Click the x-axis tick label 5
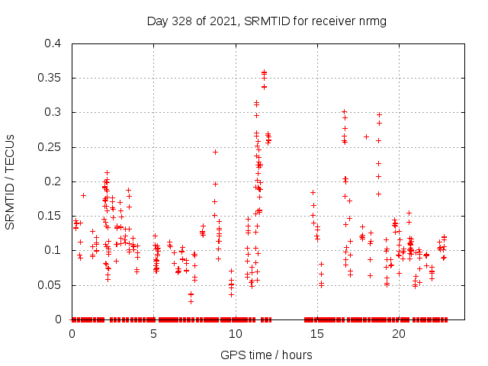pyautogui.click(x=153, y=334)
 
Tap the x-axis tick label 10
pyautogui.click(x=235, y=334)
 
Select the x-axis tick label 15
pyautogui.click(x=316, y=334)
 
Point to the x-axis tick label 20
pyautogui.click(x=398, y=334)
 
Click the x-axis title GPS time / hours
pyautogui.click(x=266, y=355)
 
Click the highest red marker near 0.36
pyautogui.click(x=264, y=72)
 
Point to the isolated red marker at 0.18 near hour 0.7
pyautogui.click(x=83, y=195)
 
